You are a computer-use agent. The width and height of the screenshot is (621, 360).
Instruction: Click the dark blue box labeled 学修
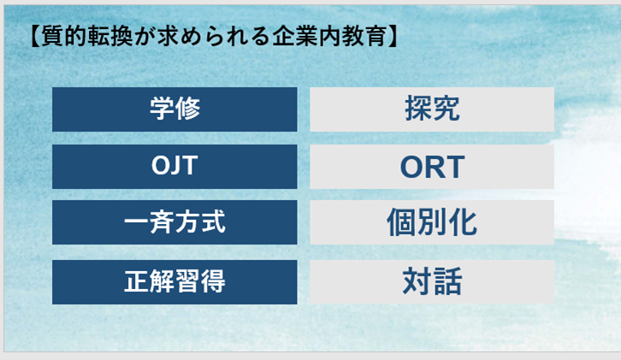(x=174, y=109)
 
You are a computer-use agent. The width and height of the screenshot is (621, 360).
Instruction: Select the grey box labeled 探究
(x=432, y=109)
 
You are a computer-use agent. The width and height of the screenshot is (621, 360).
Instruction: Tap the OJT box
(x=174, y=167)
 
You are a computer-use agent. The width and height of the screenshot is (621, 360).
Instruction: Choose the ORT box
(x=432, y=167)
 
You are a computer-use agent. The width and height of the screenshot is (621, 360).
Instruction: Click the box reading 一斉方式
(x=174, y=222)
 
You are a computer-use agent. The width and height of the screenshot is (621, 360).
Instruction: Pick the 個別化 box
(x=432, y=222)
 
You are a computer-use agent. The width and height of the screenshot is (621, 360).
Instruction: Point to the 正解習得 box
(x=174, y=282)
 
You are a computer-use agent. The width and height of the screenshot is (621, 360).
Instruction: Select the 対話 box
(x=432, y=282)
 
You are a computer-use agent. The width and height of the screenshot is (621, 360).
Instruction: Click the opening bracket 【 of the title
(x=35, y=36)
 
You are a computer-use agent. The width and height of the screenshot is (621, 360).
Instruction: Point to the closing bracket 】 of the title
(x=393, y=36)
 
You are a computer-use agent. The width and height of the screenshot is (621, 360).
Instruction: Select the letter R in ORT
(x=432, y=167)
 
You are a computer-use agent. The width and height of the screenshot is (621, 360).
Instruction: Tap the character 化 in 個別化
(x=463, y=222)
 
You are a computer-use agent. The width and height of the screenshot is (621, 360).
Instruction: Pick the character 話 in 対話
(x=447, y=281)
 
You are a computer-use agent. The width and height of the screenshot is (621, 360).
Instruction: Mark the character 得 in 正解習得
(x=213, y=281)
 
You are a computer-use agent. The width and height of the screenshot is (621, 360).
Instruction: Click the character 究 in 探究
(x=447, y=109)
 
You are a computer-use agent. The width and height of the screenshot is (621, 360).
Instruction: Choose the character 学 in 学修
(x=162, y=109)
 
